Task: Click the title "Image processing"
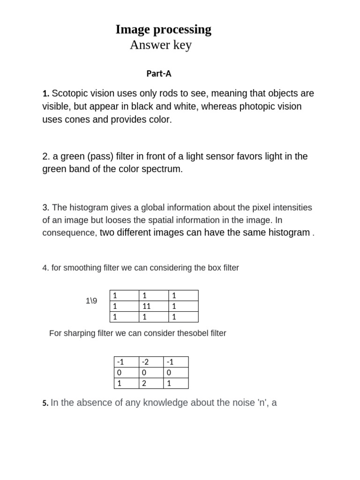(x=163, y=30)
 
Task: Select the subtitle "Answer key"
(x=160, y=45)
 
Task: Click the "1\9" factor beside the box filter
(x=91, y=301)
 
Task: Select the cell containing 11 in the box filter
(x=153, y=306)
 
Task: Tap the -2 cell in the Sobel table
(x=151, y=362)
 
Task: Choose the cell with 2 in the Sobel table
(x=151, y=383)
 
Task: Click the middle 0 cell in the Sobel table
(x=151, y=373)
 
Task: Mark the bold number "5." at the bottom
(x=45, y=403)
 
